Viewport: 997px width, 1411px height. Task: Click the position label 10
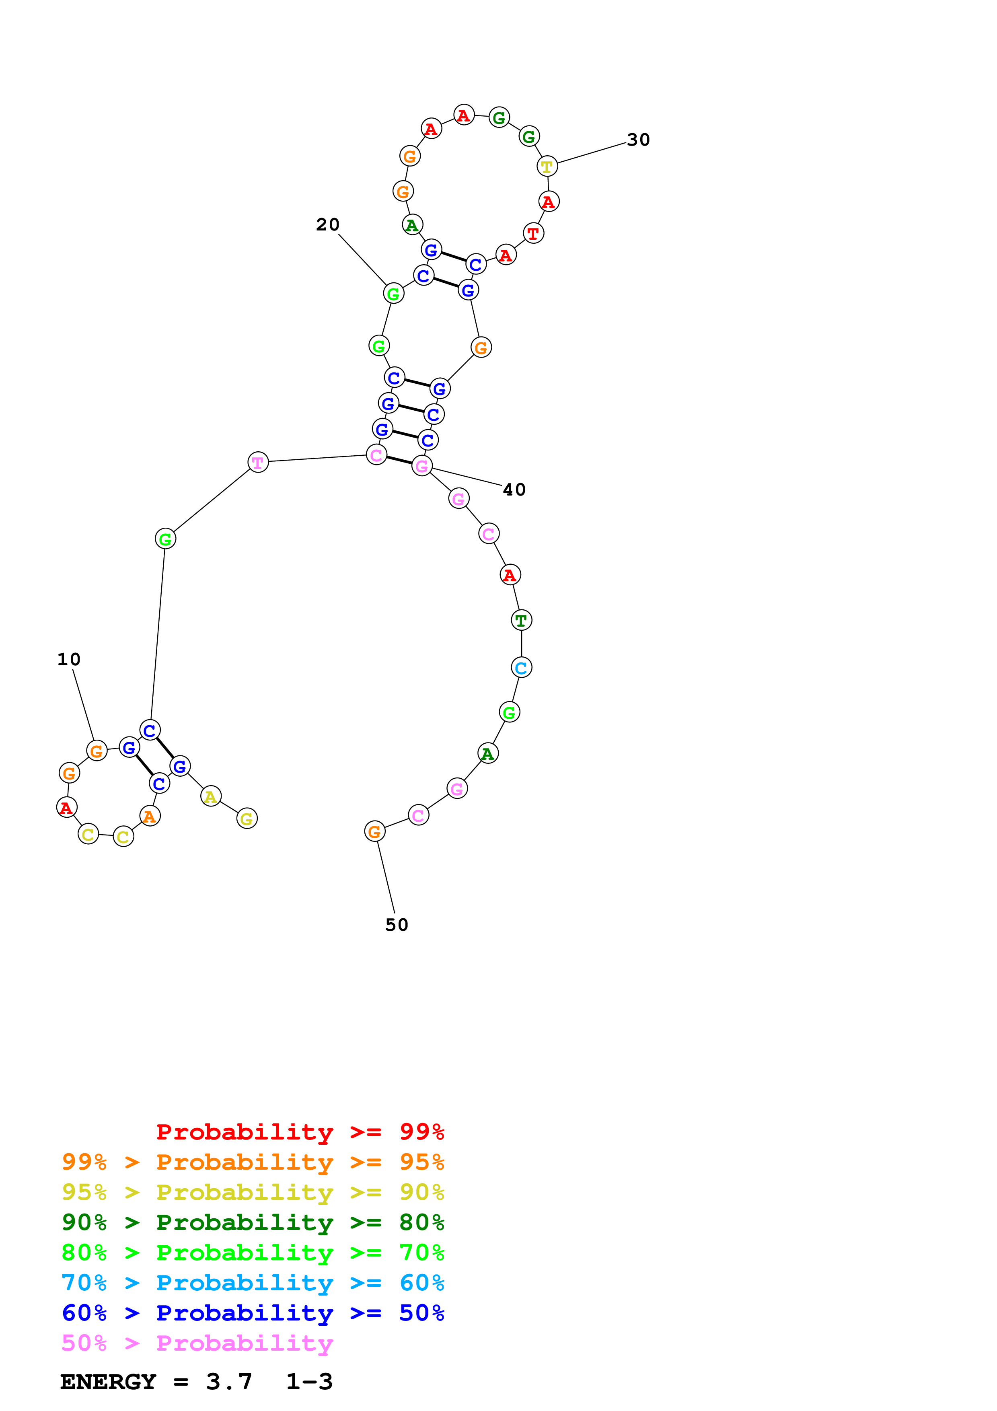coord(69,659)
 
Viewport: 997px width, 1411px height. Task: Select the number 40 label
coord(514,490)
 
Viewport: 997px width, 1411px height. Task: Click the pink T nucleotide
coord(258,462)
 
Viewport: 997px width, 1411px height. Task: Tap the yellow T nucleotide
coord(547,167)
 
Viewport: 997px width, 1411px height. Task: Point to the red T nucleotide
coord(533,234)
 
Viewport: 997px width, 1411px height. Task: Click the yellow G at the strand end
coord(247,819)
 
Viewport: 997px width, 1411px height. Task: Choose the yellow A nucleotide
coord(211,796)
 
